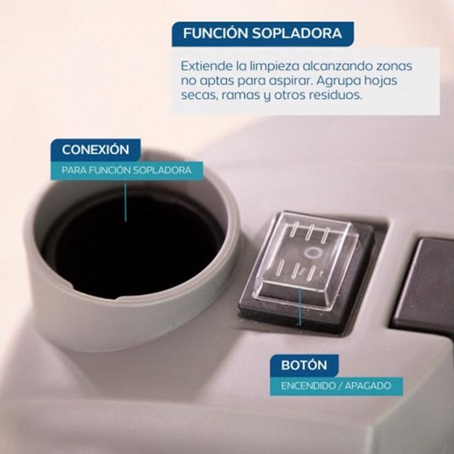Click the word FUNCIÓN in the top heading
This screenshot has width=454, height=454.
[215, 33]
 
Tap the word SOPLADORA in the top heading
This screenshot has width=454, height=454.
[297, 33]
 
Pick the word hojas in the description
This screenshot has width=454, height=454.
[381, 80]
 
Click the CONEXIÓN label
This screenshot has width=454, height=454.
[95, 150]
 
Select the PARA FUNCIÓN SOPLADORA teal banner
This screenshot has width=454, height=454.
[127, 170]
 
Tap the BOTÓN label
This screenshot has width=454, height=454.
[304, 365]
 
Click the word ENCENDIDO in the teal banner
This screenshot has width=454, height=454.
[307, 386]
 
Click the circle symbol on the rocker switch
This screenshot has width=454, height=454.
[313, 253]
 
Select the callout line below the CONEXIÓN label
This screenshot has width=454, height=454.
[126, 201]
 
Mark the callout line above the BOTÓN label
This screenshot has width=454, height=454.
[300, 306]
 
